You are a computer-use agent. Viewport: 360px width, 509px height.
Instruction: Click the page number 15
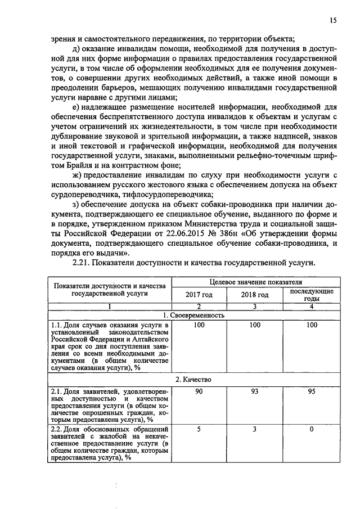(x=334, y=20)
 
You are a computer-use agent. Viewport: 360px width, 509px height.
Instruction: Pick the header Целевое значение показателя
(x=255, y=282)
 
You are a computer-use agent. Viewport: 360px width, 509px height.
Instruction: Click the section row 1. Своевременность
(x=193, y=315)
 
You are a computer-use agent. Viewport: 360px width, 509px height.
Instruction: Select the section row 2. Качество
(x=193, y=380)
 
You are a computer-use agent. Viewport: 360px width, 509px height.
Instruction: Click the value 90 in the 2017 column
(x=199, y=391)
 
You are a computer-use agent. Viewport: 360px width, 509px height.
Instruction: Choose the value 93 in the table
(x=255, y=391)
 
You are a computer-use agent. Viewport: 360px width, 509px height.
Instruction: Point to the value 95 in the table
(x=312, y=391)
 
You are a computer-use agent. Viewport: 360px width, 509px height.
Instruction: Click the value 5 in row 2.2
(x=199, y=430)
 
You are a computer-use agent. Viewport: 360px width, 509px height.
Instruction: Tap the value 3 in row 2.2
(x=255, y=430)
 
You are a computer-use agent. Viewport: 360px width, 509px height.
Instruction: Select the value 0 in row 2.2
(x=312, y=430)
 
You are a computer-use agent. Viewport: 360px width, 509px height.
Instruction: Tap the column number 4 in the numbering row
(x=312, y=306)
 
